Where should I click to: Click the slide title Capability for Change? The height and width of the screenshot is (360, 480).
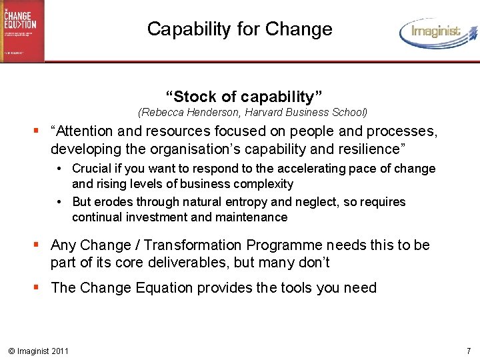tap(239, 29)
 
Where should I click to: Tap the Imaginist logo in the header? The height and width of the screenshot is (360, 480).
tap(438, 32)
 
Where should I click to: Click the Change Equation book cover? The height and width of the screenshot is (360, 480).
tap(22, 31)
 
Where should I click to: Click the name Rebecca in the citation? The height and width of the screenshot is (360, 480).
tap(163, 113)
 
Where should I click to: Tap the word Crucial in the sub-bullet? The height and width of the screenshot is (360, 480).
tap(92, 169)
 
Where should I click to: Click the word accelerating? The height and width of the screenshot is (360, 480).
tap(323, 169)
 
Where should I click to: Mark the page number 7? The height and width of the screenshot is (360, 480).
tap(469, 351)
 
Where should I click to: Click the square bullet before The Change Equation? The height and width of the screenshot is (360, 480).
tap(41, 288)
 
